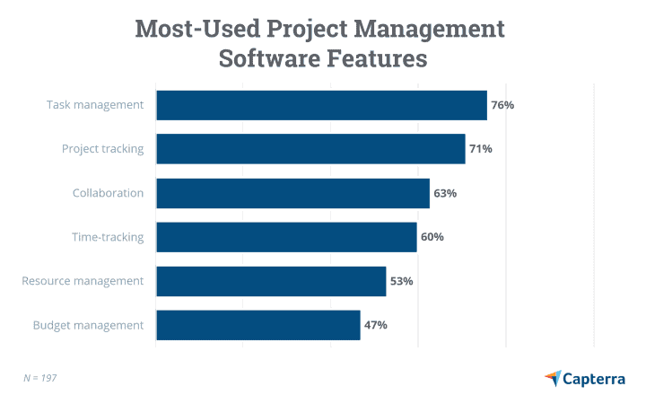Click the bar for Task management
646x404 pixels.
point(321,105)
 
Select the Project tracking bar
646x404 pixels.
point(310,149)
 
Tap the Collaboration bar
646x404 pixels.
point(292,193)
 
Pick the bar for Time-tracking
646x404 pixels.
point(286,237)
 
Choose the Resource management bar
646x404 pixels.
point(271,281)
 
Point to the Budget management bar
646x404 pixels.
point(258,325)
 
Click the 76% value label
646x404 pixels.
point(502,105)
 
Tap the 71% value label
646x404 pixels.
point(481,149)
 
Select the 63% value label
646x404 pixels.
point(445,193)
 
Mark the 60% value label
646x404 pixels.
point(432,237)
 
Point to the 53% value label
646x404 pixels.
point(401,281)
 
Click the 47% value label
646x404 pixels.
point(375,325)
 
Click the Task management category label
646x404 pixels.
point(95,105)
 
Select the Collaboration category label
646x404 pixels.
point(108,193)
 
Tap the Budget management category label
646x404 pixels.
point(88,325)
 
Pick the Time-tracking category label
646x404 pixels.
point(108,237)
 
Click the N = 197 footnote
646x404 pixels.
point(39,378)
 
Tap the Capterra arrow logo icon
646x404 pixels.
point(553,378)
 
